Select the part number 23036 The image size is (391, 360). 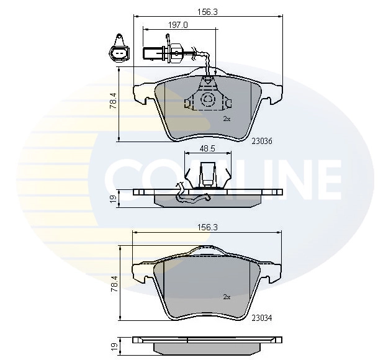263,141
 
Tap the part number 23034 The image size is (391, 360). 263,318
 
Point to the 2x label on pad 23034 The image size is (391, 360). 227,297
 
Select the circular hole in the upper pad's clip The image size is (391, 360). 207,99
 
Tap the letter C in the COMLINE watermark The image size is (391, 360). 124,180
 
